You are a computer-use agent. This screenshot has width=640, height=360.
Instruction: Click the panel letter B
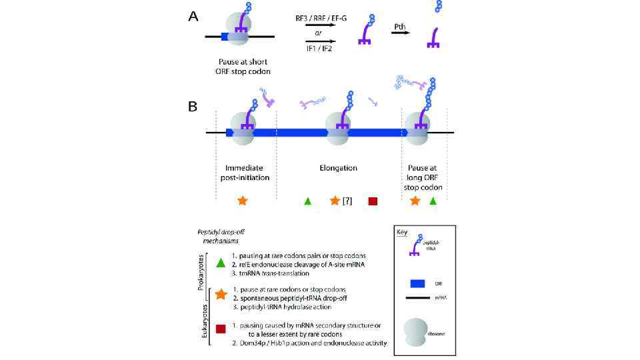click(x=193, y=106)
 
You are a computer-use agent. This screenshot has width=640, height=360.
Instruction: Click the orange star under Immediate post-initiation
click(x=243, y=200)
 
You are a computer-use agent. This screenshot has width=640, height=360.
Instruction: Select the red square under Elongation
click(x=373, y=201)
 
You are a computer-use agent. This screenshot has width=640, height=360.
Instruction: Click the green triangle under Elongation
click(x=307, y=201)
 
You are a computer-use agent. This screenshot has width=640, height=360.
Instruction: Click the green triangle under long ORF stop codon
click(x=434, y=201)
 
